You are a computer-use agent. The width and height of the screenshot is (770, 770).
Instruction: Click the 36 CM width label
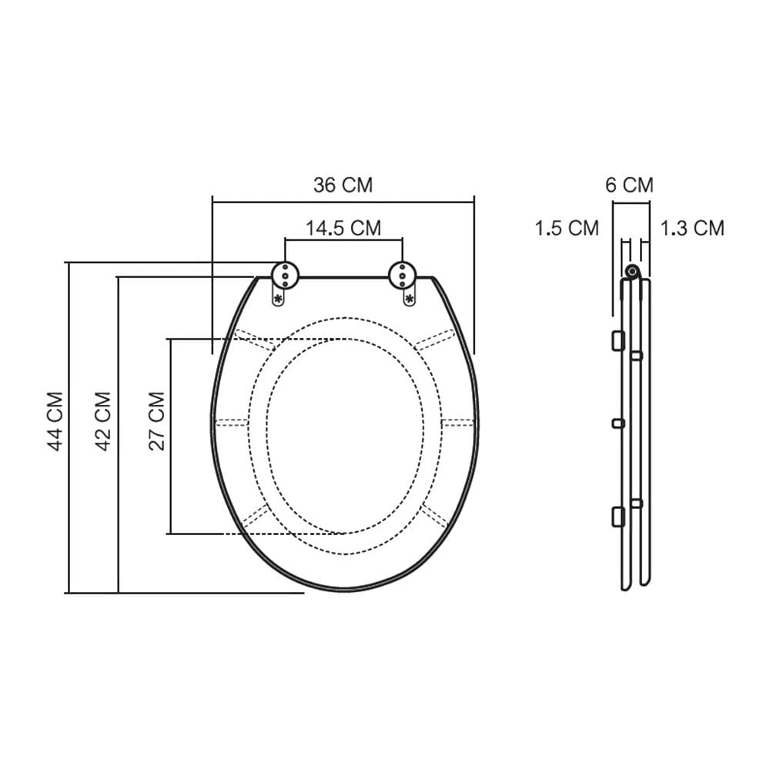[x=343, y=185]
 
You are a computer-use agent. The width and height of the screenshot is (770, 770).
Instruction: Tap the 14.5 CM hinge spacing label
[x=343, y=229]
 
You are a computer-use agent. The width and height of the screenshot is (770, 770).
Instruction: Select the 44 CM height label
[x=55, y=421]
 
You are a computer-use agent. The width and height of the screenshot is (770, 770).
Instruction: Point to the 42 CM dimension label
[x=103, y=421]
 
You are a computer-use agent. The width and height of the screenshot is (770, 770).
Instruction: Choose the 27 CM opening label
[x=156, y=421]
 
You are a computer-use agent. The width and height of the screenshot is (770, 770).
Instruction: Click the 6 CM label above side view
[x=629, y=185]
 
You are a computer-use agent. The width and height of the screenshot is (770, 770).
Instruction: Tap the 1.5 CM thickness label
[x=567, y=229]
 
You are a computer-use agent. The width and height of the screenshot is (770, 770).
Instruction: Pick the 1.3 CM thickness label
[x=692, y=229]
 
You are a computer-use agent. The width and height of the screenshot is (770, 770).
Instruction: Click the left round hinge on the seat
[x=286, y=276]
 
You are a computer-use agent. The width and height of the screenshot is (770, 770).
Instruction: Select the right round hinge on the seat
[x=402, y=276]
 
